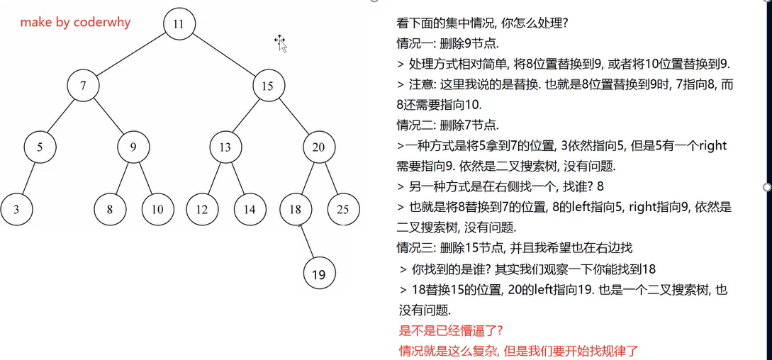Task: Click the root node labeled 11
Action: (x=178, y=23)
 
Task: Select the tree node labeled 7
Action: (x=84, y=86)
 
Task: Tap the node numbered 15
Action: (x=267, y=86)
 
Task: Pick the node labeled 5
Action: (x=40, y=147)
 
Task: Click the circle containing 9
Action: (x=133, y=147)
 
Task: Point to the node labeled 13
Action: (x=225, y=147)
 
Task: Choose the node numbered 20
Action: (x=319, y=147)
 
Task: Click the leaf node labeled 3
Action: (x=16, y=209)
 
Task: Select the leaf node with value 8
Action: (x=110, y=209)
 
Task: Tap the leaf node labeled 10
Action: (x=157, y=209)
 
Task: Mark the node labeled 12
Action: (x=202, y=209)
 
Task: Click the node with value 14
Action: (x=249, y=209)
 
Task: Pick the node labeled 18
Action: (x=296, y=209)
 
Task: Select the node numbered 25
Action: (x=343, y=209)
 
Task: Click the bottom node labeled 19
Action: (x=319, y=274)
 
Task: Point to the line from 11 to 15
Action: (x=223, y=55)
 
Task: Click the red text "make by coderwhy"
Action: (x=75, y=22)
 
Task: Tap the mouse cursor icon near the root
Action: (x=281, y=43)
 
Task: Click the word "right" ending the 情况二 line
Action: (x=712, y=146)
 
